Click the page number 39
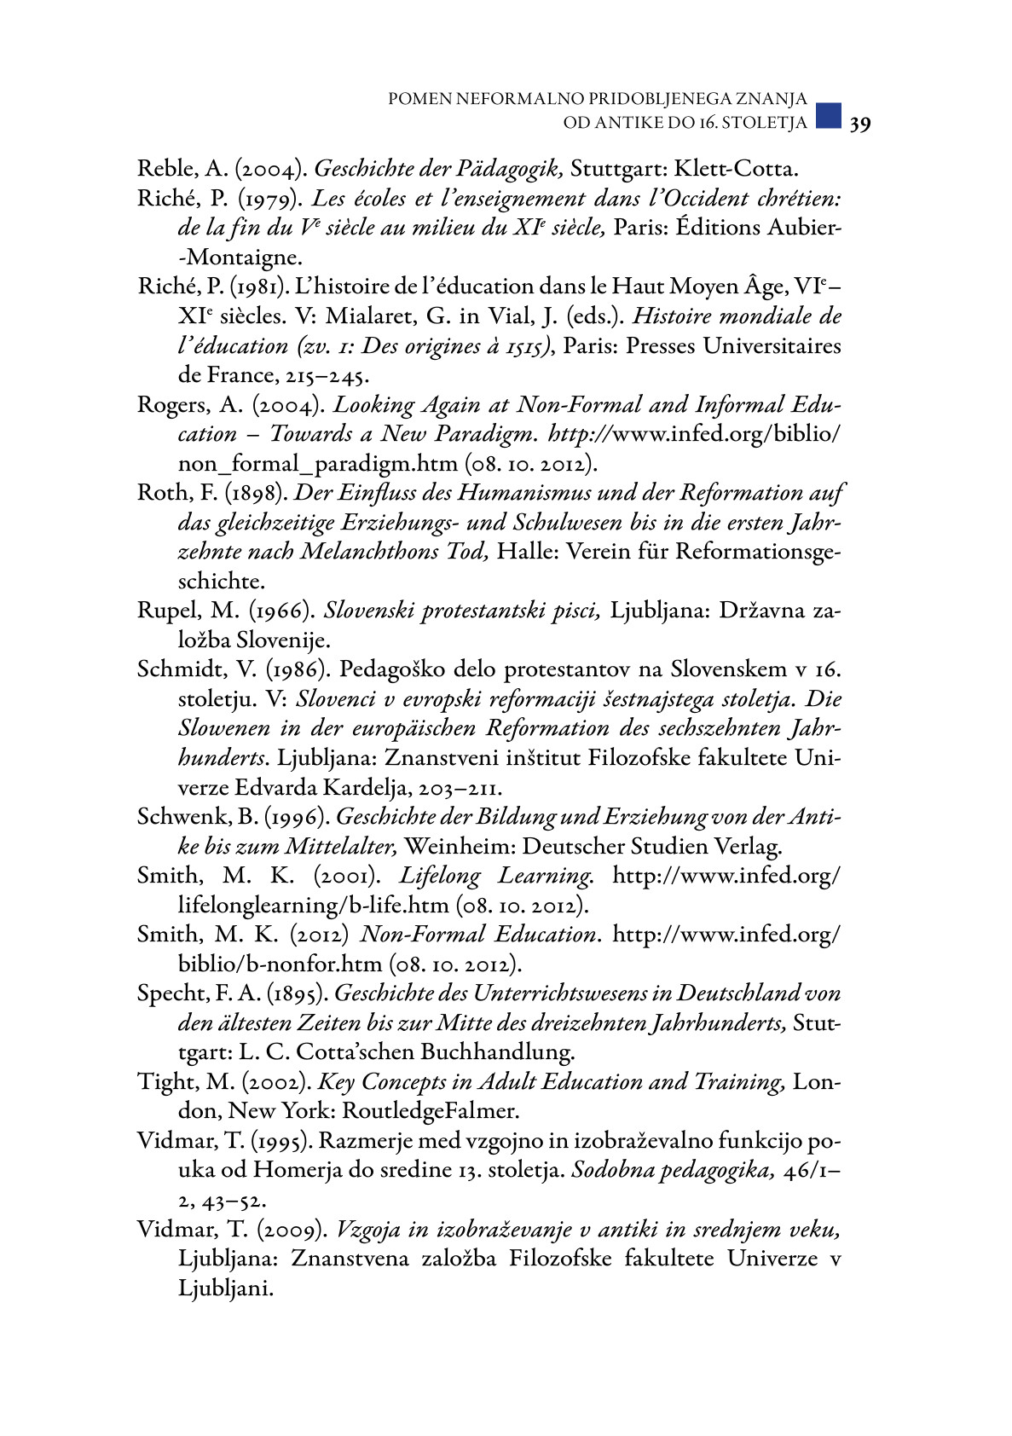click(859, 124)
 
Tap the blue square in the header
click(828, 115)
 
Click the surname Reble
click(166, 169)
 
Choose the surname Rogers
click(169, 405)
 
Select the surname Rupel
click(164, 611)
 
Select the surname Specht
click(171, 993)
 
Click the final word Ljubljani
click(225, 1288)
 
